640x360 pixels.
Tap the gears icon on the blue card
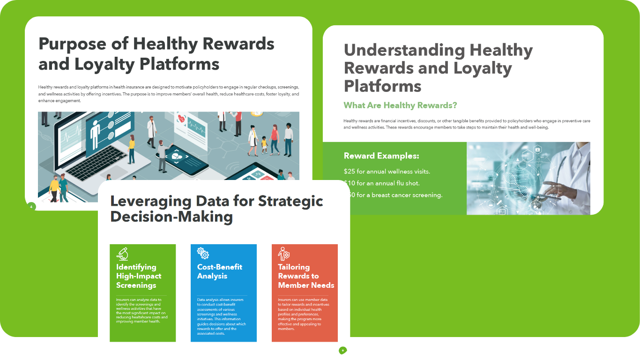(x=203, y=254)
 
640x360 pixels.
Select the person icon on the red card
(x=284, y=254)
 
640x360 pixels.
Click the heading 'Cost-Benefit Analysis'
(x=220, y=271)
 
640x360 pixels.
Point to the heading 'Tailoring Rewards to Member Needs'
(x=306, y=276)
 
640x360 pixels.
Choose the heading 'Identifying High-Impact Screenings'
(x=139, y=276)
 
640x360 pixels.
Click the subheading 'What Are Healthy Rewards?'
(x=400, y=105)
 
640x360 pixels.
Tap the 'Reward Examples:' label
(x=381, y=156)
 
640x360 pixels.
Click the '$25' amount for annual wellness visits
(x=350, y=171)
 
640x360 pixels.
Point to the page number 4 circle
(x=31, y=206)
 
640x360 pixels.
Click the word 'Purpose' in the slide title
(x=72, y=44)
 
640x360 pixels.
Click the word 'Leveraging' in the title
(x=150, y=201)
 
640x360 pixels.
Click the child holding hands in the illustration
(x=264, y=145)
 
